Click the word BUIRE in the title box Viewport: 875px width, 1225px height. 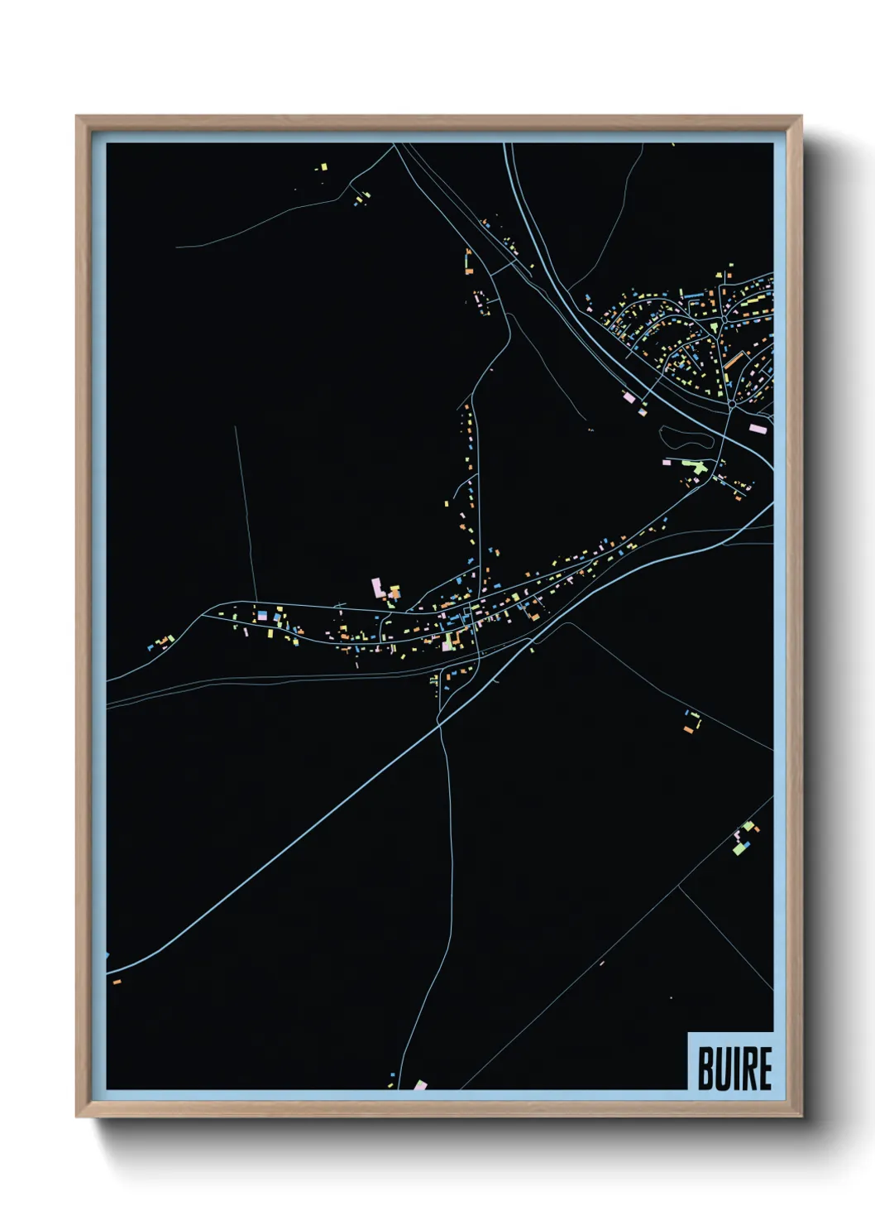734,1068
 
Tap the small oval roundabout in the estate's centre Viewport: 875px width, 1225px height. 724,317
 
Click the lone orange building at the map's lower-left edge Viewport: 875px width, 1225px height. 117,981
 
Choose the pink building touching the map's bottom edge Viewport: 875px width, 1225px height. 420,1084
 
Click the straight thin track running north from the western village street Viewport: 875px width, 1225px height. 246,513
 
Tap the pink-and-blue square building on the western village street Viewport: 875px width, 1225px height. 264,616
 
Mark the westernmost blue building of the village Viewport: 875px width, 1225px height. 150,646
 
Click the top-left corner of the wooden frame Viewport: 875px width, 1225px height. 77,117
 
